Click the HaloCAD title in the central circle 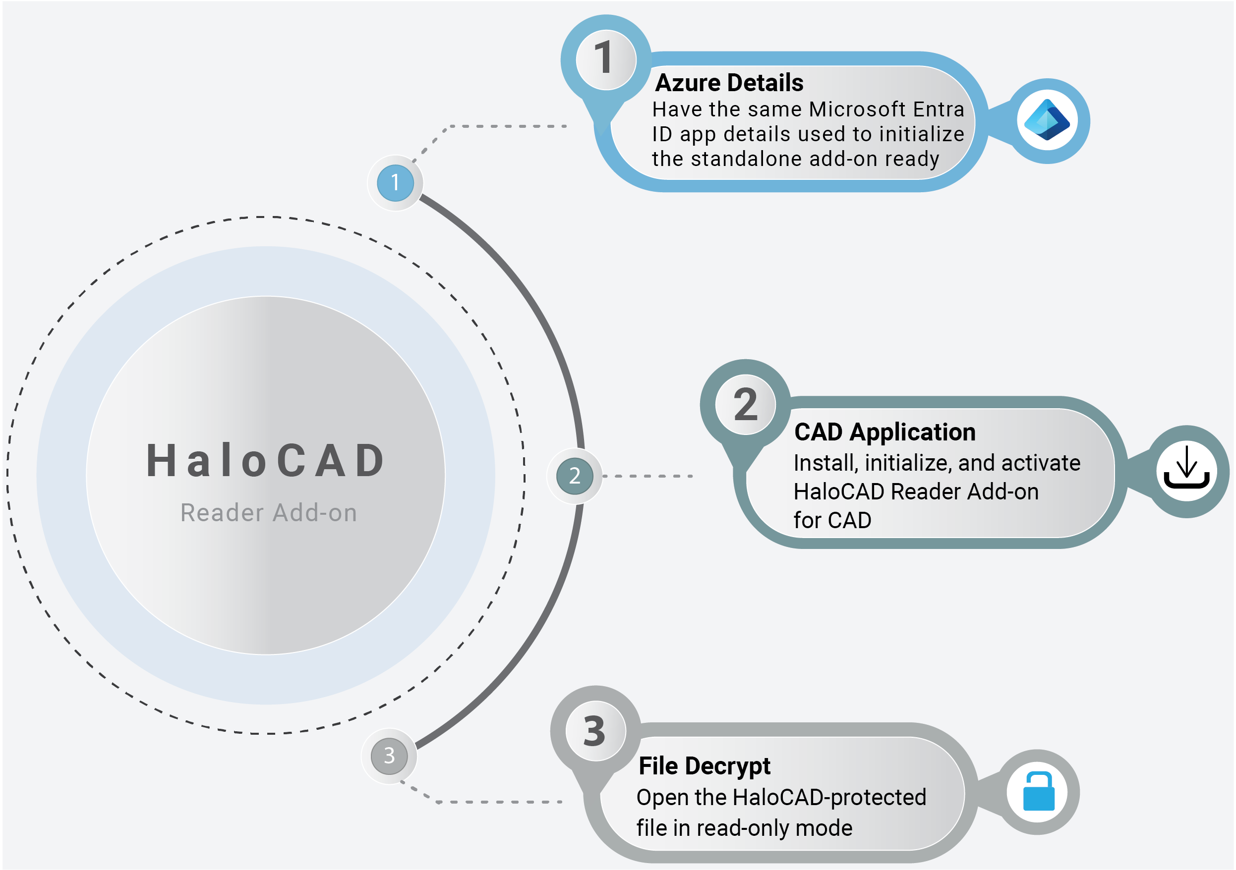266,461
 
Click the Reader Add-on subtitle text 269,513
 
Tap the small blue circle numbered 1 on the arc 395,183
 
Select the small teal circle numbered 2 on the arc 575,476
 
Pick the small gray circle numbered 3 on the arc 389,756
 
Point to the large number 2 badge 745,404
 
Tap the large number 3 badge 595,731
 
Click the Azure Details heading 729,83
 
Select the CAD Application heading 884,432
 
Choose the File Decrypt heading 704,765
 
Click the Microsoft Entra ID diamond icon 1047,120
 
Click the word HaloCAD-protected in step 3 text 829,797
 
